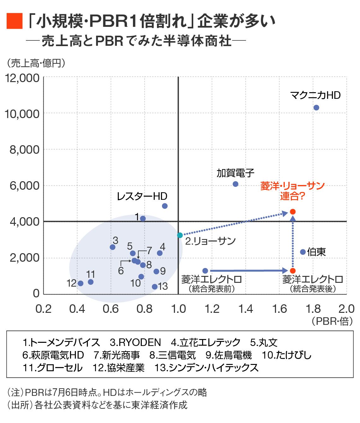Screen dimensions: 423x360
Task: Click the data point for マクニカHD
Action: click(x=316, y=108)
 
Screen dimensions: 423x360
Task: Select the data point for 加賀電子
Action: click(x=235, y=184)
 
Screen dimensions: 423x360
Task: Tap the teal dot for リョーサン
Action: click(x=180, y=235)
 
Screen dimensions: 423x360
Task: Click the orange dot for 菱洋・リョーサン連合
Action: click(x=293, y=211)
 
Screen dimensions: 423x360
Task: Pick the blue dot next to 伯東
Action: click(x=303, y=252)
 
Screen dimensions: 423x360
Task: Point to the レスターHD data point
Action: click(x=165, y=206)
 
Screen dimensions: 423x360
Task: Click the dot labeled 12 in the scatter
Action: click(x=81, y=283)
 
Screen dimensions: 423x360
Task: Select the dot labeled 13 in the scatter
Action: click(x=154, y=287)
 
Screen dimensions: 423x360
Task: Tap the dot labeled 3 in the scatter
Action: click(x=112, y=247)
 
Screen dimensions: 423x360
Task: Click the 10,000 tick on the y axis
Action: click(x=22, y=114)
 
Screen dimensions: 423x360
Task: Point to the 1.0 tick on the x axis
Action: click(x=178, y=309)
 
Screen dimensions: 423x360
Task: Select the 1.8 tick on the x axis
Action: click(x=313, y=309)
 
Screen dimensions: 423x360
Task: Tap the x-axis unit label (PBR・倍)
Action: click(x=332, y=321)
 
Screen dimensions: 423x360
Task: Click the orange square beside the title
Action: click(x=15, y=21)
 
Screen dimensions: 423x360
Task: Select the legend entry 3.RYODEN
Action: click(x=135, y=343)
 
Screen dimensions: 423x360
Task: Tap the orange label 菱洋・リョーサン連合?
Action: click(x=292, y=191)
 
